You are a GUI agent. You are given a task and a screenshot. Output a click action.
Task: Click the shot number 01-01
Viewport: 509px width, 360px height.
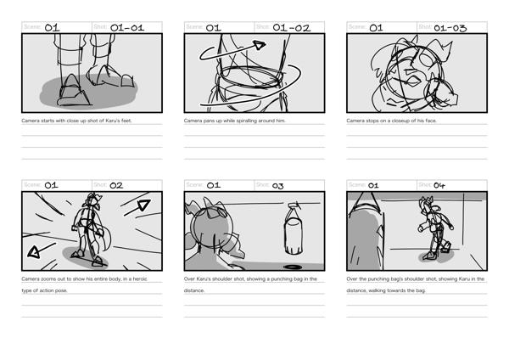[127, 28]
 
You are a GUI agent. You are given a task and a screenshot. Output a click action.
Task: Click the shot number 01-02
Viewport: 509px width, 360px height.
[292, 28]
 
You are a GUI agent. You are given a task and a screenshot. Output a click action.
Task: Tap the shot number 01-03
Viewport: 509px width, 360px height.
[450, 28]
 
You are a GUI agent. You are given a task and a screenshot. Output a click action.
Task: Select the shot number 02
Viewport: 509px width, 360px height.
[116, 186]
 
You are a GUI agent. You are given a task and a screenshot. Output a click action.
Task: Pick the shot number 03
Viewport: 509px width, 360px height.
[278, 186]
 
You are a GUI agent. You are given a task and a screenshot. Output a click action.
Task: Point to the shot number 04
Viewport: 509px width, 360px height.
[439, 186]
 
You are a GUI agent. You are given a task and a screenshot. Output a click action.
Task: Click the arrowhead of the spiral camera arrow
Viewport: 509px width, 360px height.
[260, 45]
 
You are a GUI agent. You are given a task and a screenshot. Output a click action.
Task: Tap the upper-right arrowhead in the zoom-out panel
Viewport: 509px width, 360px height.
[143, 205]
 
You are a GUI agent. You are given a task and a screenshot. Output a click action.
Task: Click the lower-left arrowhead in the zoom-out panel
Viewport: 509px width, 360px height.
[34, 252]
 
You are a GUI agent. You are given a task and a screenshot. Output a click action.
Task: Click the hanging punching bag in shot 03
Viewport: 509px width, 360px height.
[294, 230]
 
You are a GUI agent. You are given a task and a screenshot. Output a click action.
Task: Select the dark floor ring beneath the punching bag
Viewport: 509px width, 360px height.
[293, 267]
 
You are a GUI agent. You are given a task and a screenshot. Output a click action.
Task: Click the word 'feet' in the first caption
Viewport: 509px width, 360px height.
[126, 121]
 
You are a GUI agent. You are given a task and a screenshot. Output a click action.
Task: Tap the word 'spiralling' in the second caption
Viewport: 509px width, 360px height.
[249, 121]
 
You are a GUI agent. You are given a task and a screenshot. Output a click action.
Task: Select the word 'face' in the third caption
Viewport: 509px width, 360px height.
[430, 121]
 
